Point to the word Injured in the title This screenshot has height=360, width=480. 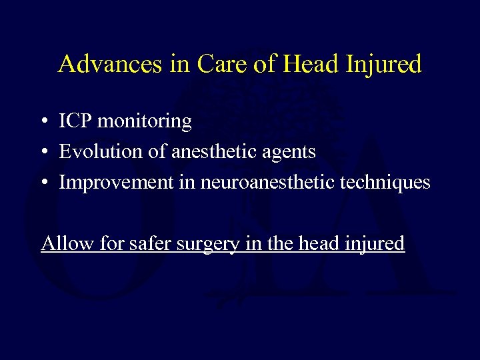point(385,65)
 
